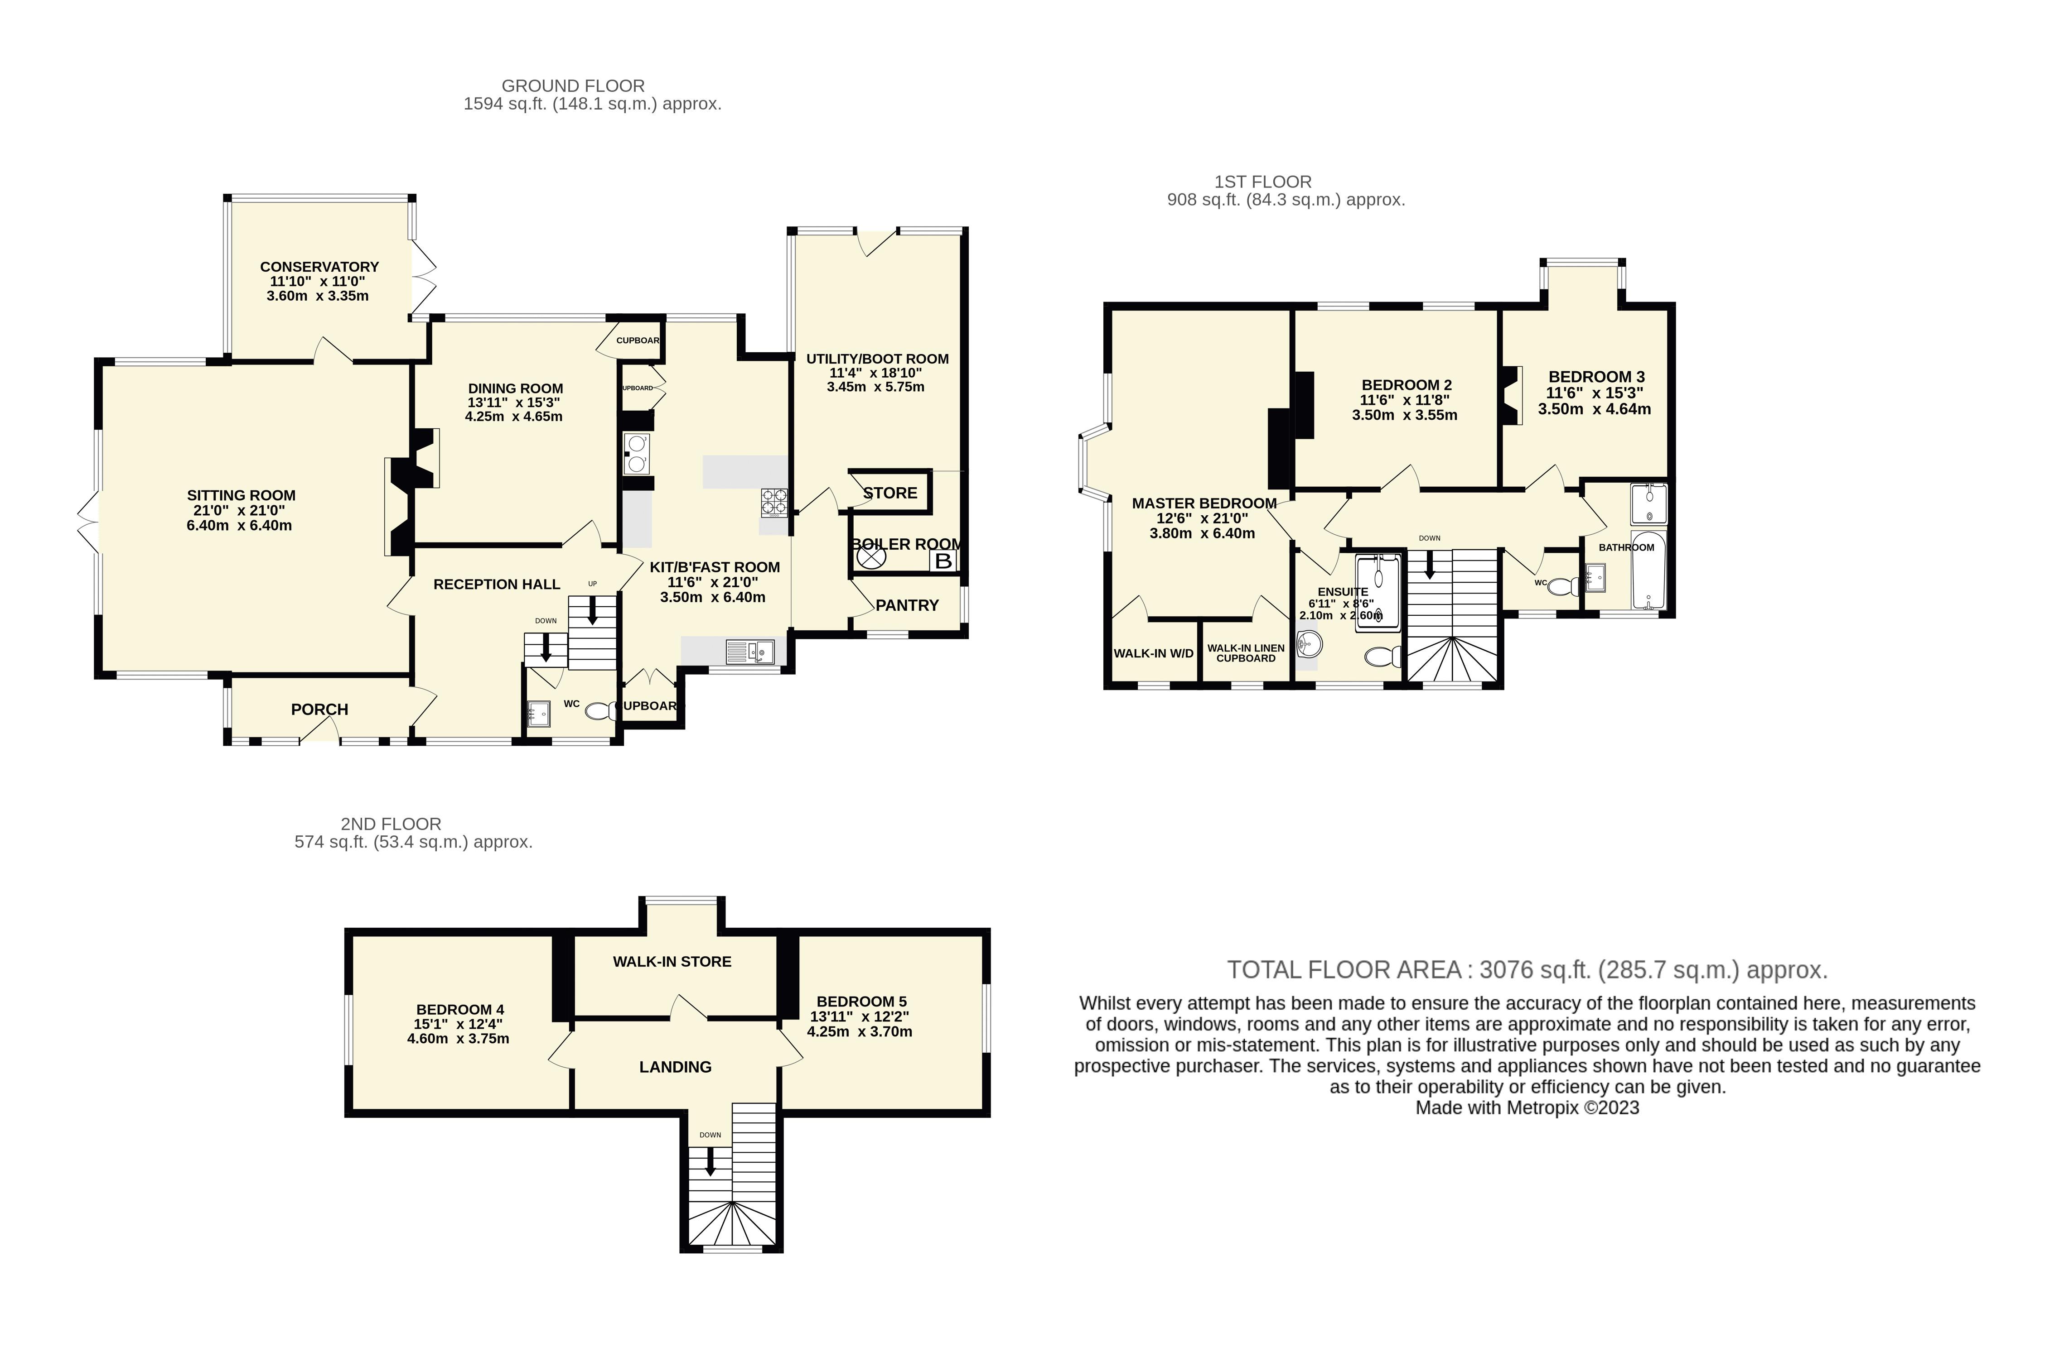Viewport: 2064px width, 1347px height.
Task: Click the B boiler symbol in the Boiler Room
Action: click(943, 561)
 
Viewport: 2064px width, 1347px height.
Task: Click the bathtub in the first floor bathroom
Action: click(1647, 572)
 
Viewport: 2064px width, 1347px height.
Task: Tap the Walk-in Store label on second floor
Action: click(672, 961)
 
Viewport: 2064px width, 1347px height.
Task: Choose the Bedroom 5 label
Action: click(861, 1001)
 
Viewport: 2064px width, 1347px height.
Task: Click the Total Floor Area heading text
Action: click(1526, 970)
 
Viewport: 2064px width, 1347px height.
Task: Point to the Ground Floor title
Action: click(573, 86)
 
